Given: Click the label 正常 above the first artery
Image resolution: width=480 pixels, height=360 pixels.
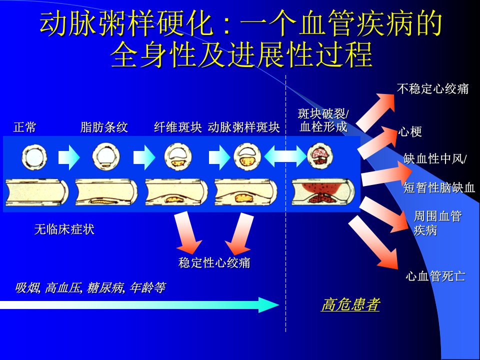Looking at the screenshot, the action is click(x=25, y=127).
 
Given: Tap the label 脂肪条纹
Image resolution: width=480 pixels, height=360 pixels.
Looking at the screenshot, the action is click(x=104, y=127).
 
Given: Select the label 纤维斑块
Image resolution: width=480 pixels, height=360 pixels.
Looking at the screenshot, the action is click(x=178, y=127).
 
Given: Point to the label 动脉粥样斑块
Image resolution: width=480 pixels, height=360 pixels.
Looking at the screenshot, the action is click(x=243, y=127).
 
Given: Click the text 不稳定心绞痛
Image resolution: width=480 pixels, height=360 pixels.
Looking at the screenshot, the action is click(x=433, y=88).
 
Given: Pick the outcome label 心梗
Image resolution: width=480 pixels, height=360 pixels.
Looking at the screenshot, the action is click(x=410, y=132).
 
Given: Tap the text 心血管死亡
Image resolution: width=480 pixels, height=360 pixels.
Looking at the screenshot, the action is click(x=435, y=276).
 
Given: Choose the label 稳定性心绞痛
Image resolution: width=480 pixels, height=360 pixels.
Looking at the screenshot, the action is click(x=214, y=262).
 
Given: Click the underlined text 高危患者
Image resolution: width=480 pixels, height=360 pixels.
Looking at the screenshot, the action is click(x=350, y=304).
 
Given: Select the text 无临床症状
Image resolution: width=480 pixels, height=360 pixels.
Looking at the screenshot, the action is click(x=64, y=229).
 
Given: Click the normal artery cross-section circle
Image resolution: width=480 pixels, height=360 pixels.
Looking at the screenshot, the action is click(x=34, y=157).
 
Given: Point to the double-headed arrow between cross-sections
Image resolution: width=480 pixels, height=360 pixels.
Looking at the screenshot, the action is click(x=285, y=156).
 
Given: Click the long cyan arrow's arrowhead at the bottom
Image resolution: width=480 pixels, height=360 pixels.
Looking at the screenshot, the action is click(x=268, y=304).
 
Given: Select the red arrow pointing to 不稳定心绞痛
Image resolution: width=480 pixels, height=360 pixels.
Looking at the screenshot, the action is click(x=376, y=111).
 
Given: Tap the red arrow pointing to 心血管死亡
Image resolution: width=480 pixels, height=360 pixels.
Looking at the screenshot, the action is click(x=373, y=242).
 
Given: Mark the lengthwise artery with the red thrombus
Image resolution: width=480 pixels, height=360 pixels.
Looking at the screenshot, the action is click(x=323, y=192).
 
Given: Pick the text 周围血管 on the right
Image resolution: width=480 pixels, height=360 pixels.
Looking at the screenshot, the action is click(x=438, y=216).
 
